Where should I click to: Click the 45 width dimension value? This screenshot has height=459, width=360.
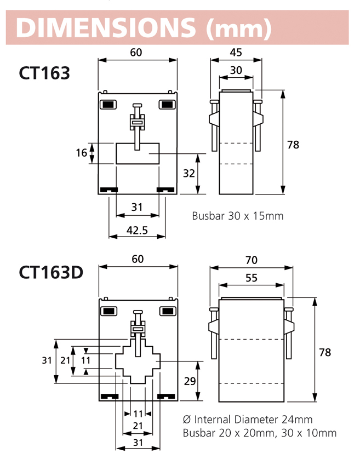pos(236,53)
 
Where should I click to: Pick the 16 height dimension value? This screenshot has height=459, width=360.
pos(81,153)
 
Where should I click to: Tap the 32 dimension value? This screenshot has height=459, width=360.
pos(189,174)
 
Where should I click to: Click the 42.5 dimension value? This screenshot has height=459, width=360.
pos(137,230)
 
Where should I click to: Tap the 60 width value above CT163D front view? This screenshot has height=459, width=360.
pos(138,259)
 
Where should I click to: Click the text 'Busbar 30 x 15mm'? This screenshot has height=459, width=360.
pos(238,216)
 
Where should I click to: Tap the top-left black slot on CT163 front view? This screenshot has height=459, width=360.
pos(108,104)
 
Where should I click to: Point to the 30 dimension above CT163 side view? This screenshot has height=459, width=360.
pos(236,71)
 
